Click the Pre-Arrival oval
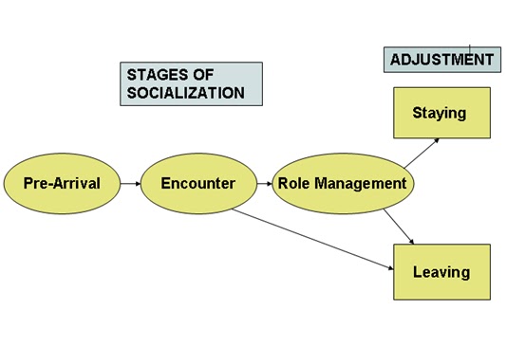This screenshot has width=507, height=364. pyautogui.click(x=62, y=183)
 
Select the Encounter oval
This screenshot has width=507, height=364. pyautogui.click(x=197, y=183)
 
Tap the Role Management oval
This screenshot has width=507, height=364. pyautogui.click(x=341, y=183)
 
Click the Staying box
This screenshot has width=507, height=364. pyautogui.click(x=439, y=114)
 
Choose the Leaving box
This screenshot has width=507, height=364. pyautogui.click(x=441, y=272)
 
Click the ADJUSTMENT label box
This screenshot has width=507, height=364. pyautogui.click(x=441, y=60)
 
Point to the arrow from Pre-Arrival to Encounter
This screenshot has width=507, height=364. pyautogui.click(x=129, y=183)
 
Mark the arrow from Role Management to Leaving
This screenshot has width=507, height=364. pyautogui.click(x=398, y=224)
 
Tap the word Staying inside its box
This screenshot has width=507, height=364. pyautogui.click(x=439, y=114)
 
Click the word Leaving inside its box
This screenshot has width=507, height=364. pyautogui.click(x=441, y=272)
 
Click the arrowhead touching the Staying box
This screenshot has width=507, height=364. pyautogui.click(x=435, y=140)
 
